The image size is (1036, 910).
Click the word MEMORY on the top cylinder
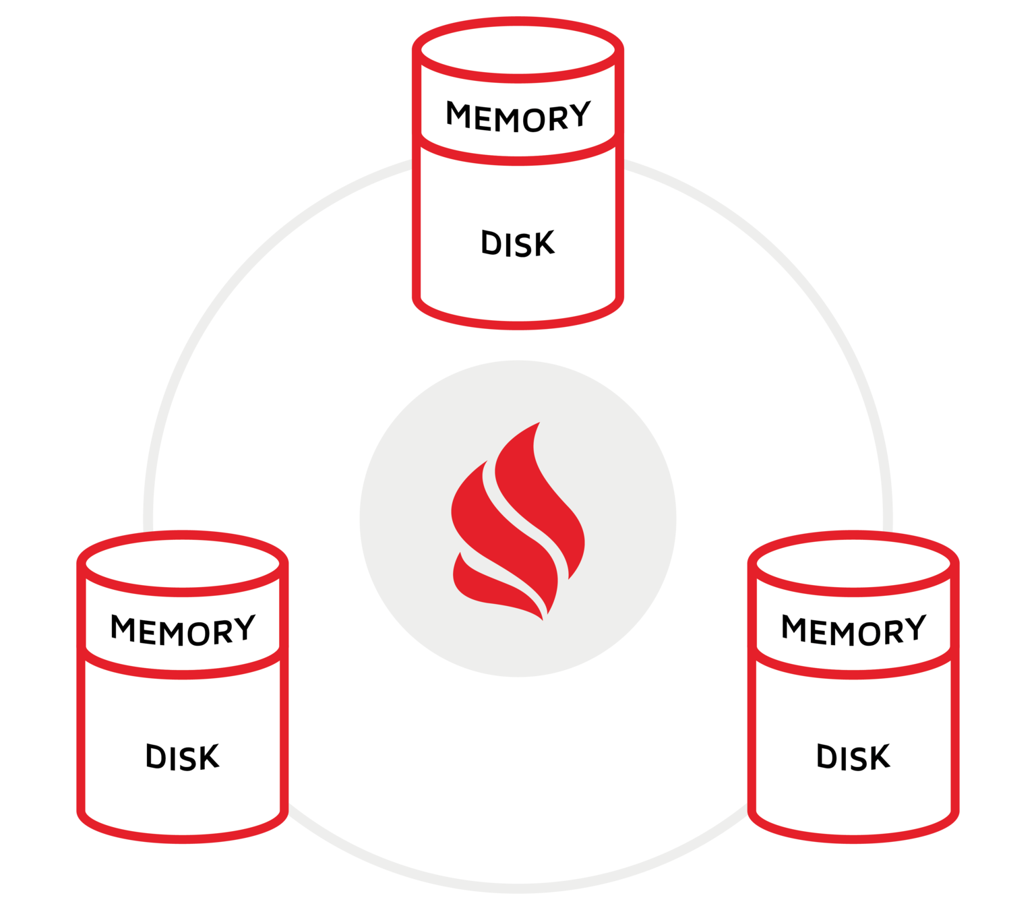(518, 117)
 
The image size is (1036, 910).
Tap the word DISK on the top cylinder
(518, 244)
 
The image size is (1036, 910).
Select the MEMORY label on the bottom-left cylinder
(183, 630)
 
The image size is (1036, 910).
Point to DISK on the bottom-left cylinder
(183, 757)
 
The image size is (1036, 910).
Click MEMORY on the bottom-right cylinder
(853, 630)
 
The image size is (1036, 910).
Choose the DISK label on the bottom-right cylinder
(853, 757)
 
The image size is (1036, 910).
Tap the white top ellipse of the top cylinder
(518, 49)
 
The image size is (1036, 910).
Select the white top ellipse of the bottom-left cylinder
(183, 562)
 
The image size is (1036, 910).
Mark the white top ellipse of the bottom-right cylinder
(853, 562)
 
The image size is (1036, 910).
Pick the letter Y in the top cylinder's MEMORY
(578, 116)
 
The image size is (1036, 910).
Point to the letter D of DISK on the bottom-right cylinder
(827, 757)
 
